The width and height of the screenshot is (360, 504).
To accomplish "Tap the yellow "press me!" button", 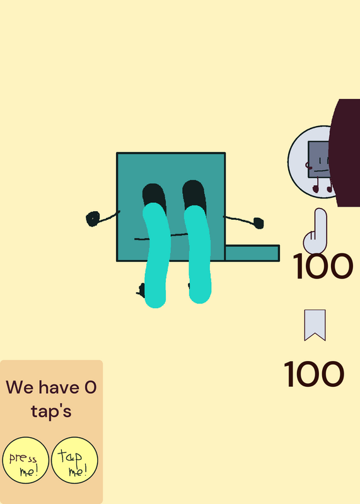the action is (26, 460).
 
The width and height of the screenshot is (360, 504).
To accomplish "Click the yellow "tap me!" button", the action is (74, 460).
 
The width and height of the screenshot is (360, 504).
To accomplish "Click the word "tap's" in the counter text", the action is (51, 412).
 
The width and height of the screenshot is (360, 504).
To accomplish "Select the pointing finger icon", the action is (315, 231).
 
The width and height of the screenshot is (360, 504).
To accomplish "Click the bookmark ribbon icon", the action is (315, 324).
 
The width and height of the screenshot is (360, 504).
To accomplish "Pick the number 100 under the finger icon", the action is (323, 266).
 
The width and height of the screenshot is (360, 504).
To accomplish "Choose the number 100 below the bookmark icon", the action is (314, 374).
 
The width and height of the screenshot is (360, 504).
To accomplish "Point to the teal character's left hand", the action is (93, 219).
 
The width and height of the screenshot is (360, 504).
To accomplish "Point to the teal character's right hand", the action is (258, 223).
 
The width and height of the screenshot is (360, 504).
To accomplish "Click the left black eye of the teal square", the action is (153, 195).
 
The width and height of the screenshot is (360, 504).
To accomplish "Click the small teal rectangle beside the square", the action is (252, 253).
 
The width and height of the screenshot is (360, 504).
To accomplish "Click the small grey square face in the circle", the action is (318, 159).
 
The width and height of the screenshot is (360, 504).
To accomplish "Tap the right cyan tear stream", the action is (198, 254).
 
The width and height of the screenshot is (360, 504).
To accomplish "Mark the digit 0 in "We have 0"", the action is (90, 387).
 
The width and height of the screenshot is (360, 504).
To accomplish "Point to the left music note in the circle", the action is (316, 185).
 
